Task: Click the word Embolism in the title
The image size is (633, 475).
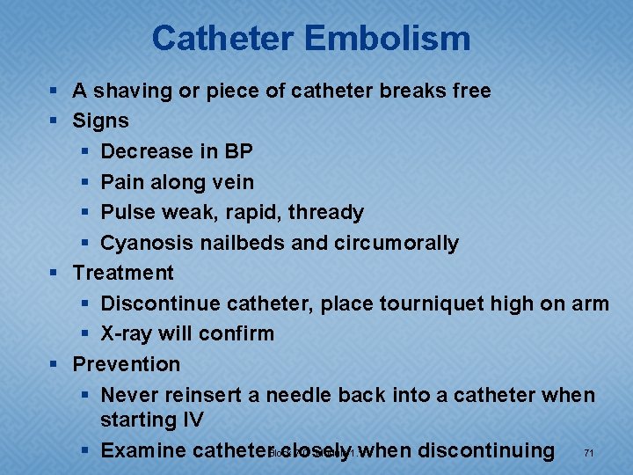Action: click(390, 39)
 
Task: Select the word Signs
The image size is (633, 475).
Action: click(100, 121)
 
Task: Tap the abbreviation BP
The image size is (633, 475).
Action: click(238, 151)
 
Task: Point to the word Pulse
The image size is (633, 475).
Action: click(127, 212)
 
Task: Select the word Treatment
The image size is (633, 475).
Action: click(123, 273)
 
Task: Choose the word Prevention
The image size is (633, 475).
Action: click(126, 363)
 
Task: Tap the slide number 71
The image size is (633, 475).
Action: click(588, 453)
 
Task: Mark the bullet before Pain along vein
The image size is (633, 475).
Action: click(84, 183)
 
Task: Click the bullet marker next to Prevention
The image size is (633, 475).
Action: click(55, 364)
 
